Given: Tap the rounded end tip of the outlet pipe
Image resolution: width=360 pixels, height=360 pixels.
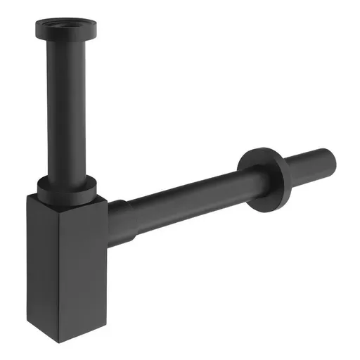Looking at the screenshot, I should coord(333,150).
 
